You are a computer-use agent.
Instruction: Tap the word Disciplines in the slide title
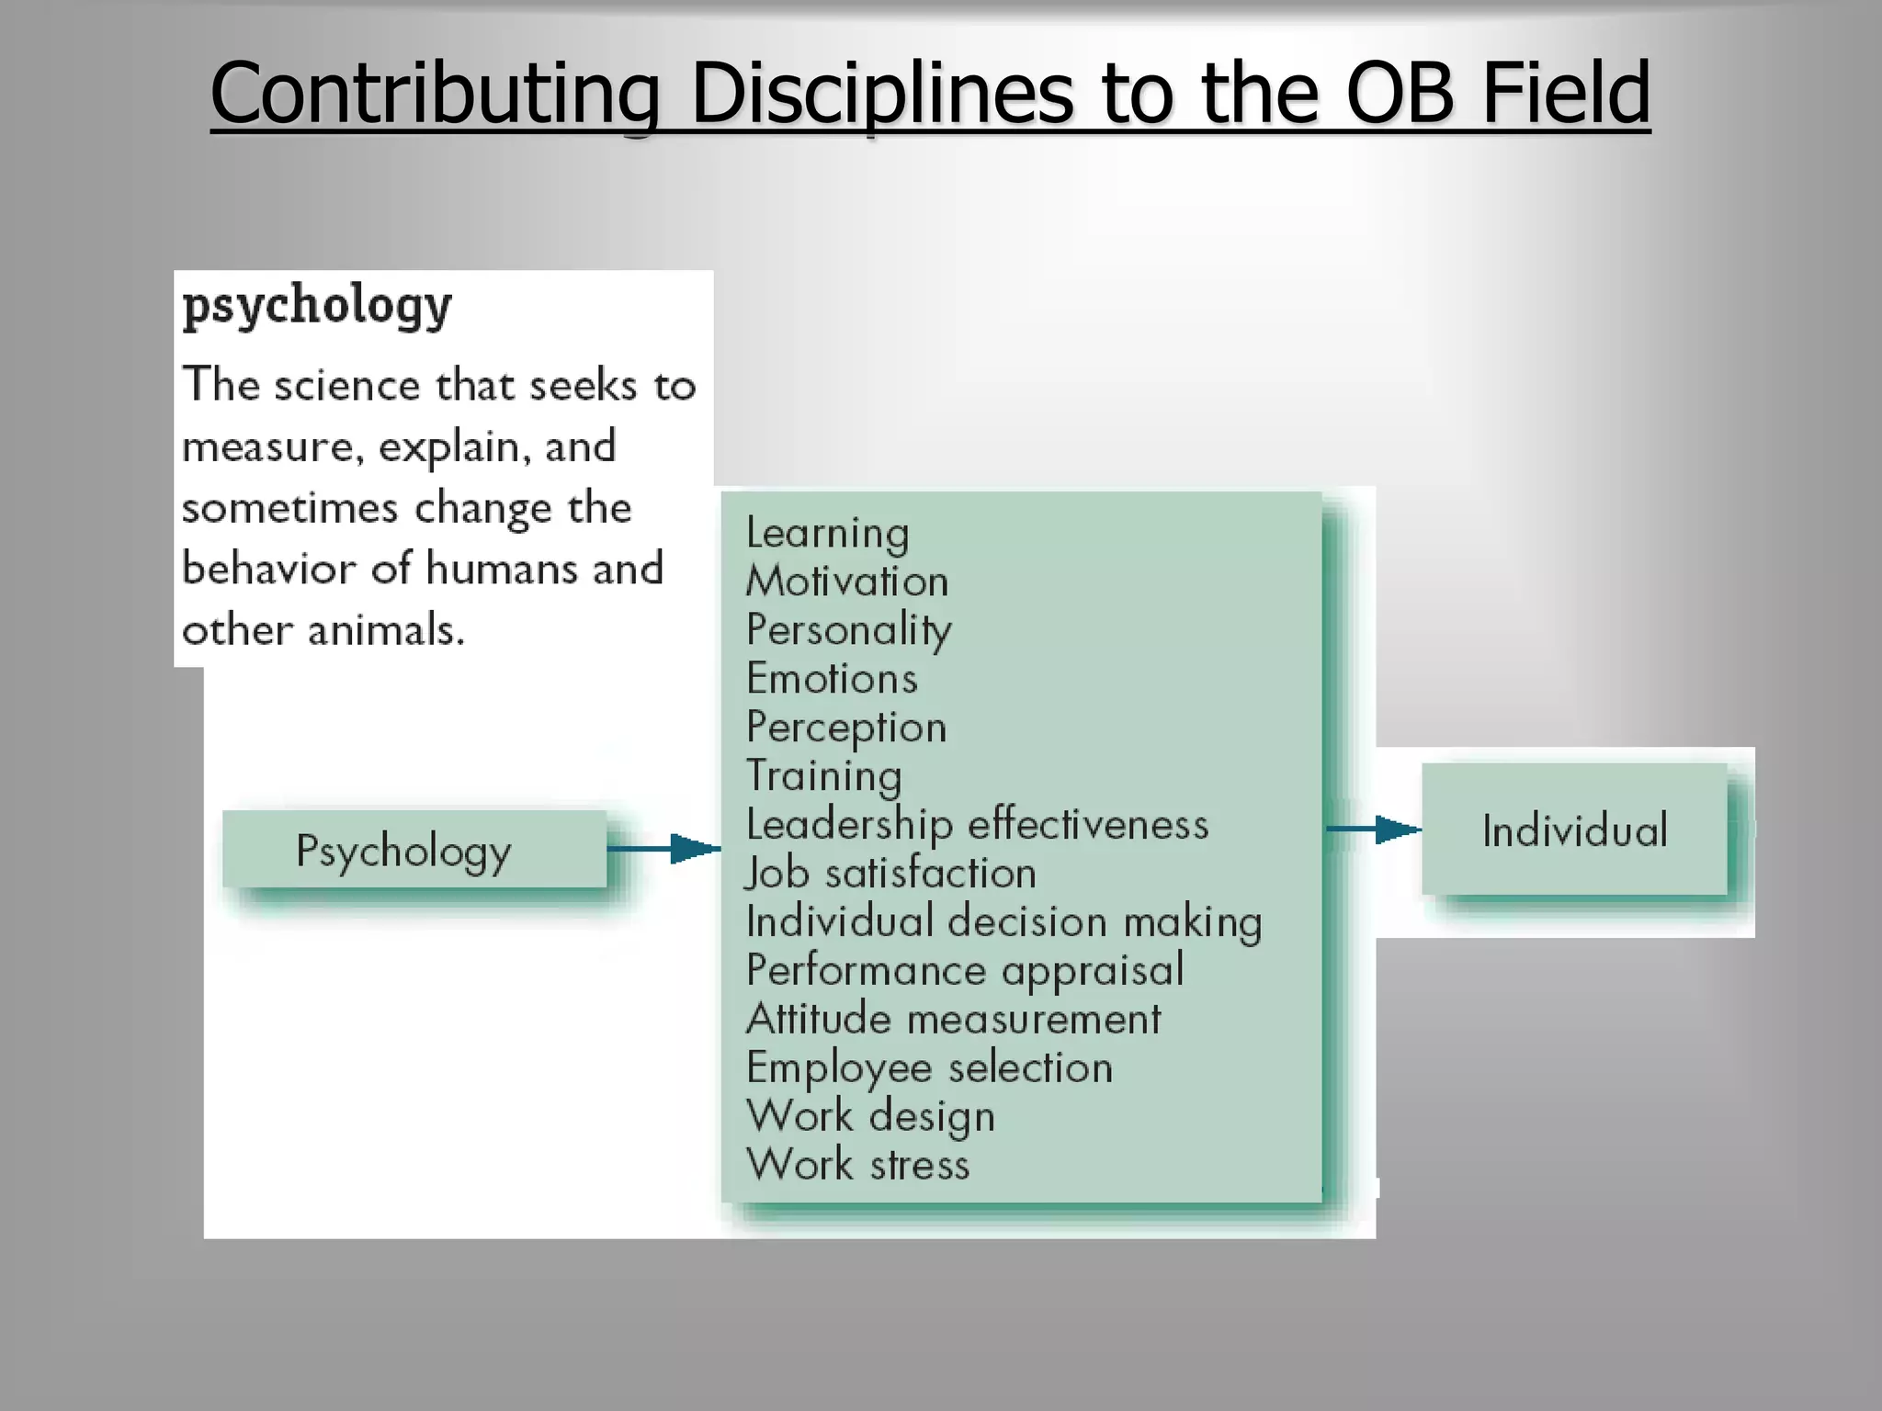(880, 94)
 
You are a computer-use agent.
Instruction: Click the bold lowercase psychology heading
(317, 305)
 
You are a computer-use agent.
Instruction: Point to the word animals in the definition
(386, 630)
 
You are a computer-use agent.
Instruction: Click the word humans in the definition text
(503, 569)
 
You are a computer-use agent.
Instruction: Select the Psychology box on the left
(414, 850)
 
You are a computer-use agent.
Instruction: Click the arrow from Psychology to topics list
(663, 848)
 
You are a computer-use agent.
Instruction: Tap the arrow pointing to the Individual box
(1373, 830)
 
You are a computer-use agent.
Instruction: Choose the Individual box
(1574, 830)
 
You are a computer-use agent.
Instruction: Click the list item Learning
(827, 533)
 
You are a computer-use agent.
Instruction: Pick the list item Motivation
(846, 581)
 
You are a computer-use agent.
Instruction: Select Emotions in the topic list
(832, 679)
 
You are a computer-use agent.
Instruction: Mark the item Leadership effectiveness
(977, 824)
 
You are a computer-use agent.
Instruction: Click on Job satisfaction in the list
(890, 873)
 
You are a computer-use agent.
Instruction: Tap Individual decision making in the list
(1003, 921)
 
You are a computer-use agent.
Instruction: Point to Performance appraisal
(964, 970)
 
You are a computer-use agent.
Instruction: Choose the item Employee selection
(929, 1067)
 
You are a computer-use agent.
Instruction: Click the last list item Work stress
(857, 1165)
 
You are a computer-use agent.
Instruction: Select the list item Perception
(845, 728)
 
